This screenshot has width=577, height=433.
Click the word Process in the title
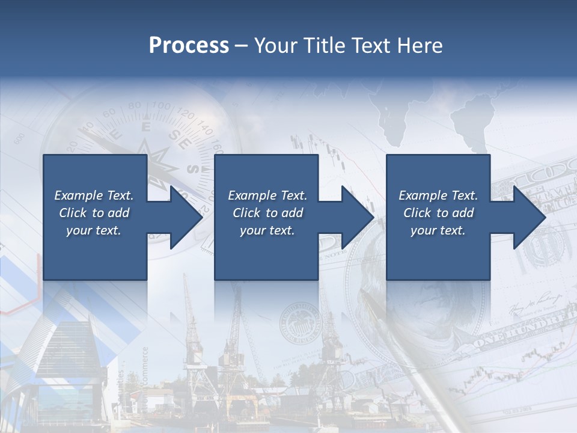(x=189, y=46)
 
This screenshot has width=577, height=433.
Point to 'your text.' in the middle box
(x=267, y=230)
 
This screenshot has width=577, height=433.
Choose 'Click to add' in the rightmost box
(x=438, y=213)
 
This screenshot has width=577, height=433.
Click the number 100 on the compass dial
(x=160, y=107)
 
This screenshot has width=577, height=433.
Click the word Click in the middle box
(x=246, y=213)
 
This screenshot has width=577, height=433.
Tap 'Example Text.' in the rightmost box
(x=438, y=195)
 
